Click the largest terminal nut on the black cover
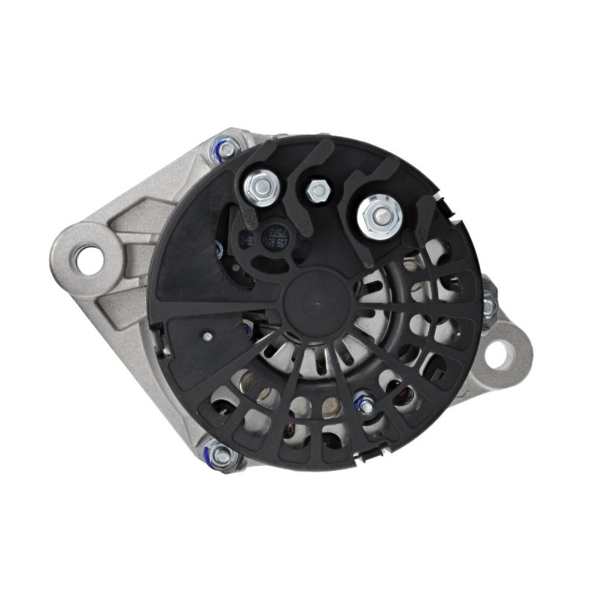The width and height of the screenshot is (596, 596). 379,217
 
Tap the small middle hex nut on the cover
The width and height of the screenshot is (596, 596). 318,191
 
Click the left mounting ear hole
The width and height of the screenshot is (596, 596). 90,260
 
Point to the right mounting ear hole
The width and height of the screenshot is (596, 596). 500,354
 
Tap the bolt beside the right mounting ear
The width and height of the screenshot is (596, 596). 489,306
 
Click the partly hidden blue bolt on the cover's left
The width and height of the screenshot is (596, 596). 218,250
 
